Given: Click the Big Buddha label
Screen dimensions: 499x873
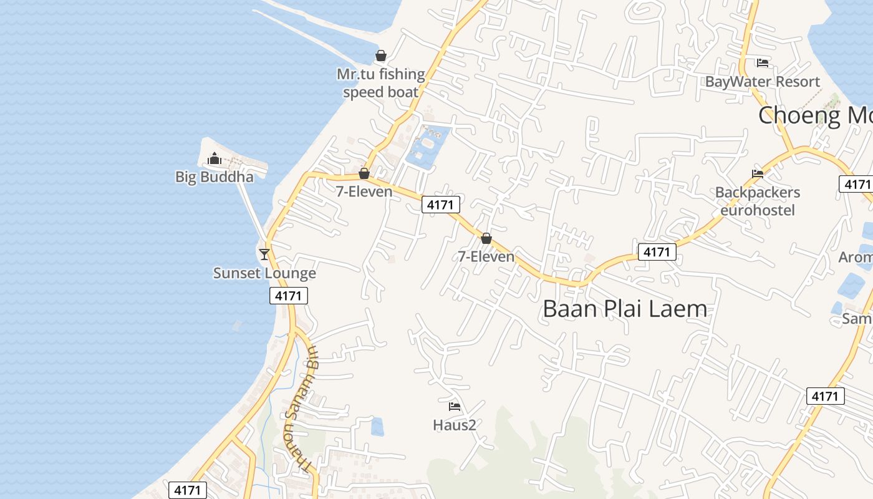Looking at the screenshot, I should coord(215,177).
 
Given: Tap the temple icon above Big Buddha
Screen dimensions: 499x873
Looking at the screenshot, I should coord(215,158).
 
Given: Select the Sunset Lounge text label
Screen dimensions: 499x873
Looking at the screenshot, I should coord(264,273).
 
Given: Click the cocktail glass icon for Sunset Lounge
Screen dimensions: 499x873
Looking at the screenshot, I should coord(264,254).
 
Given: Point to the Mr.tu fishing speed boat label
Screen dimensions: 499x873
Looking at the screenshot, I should coord(380,83).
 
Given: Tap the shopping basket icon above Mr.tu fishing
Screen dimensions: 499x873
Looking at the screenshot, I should coord(381,56).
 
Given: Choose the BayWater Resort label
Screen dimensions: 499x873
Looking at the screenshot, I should coord(762,82).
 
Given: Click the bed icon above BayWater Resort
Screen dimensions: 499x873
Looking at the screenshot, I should coord(762,62).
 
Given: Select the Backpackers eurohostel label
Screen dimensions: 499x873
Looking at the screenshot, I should coord(757,201).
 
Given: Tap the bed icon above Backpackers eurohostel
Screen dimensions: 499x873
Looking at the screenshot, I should coord(757,173).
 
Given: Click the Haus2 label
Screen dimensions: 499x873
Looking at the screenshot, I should coord(455,425).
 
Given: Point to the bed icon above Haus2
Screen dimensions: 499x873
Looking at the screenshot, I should coord(455,407).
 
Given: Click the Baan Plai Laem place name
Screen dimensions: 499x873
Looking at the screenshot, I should coord(625,309).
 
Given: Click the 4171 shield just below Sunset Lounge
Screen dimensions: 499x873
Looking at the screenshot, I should coord(289,296).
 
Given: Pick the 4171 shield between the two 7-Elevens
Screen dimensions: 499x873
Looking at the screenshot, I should coord(441,205).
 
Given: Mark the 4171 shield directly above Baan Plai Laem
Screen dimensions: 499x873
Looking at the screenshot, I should coord(657,252).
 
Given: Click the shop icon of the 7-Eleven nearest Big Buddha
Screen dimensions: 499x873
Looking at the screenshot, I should coord(364,173).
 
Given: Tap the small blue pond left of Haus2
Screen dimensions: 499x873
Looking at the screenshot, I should coord(377,427).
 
